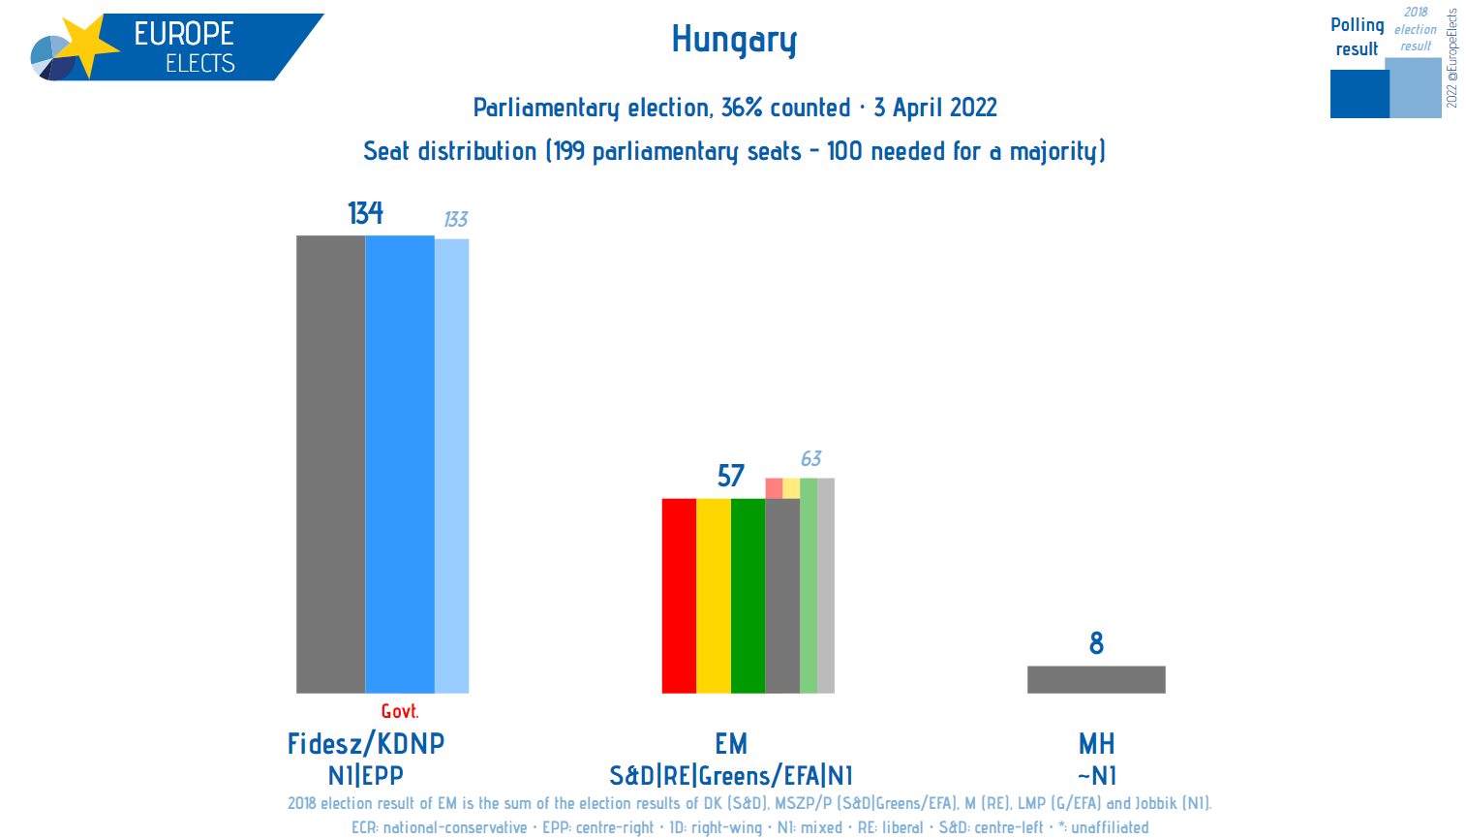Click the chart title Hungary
click(x=734, y=40)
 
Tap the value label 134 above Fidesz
click(x=365, y=212)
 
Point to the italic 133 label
click(x=455, y=220)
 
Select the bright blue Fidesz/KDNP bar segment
click(x=400, y=464)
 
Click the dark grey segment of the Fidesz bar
click(x=330, y=464)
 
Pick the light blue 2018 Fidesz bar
click(x=451, y=466)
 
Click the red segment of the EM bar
click(x=679, y=596)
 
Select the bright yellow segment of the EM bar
click(x=714, y=596)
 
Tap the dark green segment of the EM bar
click(x=748, y=596)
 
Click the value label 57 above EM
click(x=730, y=476)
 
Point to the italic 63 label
click(x=810, y=459)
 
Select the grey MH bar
click(x=1096, y=679)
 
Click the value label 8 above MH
click(x=1096, y=643)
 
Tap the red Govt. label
click(x=400, y=711)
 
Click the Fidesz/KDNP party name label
click(x=366, y=744)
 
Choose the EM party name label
click(x=731, y=744)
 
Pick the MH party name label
click(x=1096, y=744)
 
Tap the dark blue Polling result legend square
click(x=1359, y=94)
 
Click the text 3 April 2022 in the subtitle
click(x=935, y=108)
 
